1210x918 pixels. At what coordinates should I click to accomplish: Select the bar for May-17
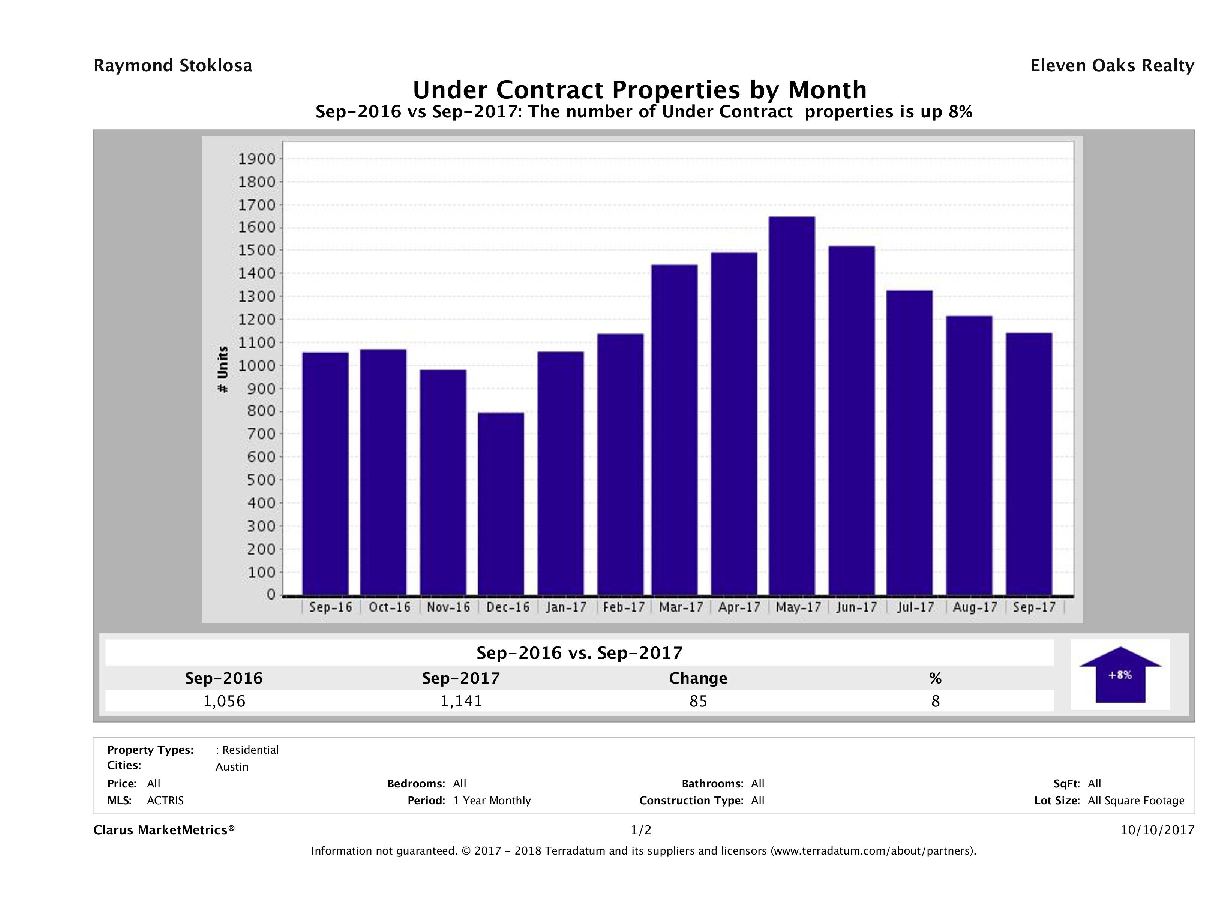(x=792, y=405)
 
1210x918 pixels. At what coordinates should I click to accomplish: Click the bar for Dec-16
(x=501, y=503)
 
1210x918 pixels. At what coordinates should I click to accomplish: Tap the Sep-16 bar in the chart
(x=325, y=473)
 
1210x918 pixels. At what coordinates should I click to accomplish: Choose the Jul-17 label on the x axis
(x=915, y=607)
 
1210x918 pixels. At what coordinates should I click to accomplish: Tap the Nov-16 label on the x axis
(x=448, y=607)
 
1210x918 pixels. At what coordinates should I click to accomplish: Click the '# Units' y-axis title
(x=223, y=369)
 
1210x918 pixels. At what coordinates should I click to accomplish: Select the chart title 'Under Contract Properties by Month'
(x=639, y=90)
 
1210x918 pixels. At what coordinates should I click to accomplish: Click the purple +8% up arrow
(x=1120, y=675)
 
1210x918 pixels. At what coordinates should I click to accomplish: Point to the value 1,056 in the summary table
(x=224, y=701)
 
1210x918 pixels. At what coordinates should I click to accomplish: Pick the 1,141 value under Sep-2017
(x=461, y=701)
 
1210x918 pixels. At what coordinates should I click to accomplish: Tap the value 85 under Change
(x=698, y=701)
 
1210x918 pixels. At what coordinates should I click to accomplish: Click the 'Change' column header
(x=698, y=678)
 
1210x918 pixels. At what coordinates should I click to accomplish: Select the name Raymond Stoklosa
(x=173, y=66)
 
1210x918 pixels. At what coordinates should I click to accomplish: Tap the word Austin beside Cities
(x=232, y=767)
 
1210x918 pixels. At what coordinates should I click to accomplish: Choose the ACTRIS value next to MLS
(x=165, y=800)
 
